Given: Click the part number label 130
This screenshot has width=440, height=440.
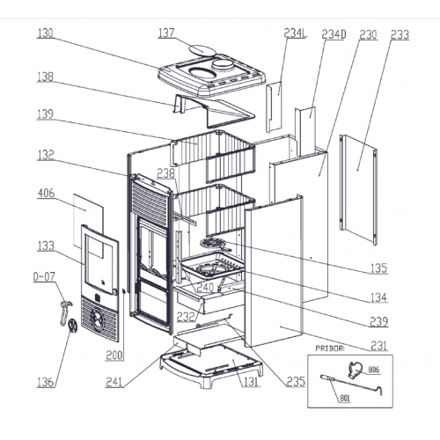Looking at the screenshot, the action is [x=45, y=33].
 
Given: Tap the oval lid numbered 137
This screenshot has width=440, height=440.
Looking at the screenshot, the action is [x=202, y=50].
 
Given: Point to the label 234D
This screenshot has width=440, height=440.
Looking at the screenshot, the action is [x=334, y=34].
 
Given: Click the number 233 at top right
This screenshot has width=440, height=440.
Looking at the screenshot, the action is [x=400, y=34].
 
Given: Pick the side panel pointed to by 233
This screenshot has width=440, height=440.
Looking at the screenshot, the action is [x=358, y=189].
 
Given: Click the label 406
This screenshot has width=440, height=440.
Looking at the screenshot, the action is [x=47, y=193].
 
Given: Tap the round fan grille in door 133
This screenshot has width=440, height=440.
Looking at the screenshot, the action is [x=98, y=318].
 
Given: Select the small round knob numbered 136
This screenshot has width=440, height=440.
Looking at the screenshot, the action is [x=72, y=326].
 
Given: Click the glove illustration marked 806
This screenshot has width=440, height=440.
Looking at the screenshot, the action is [x=356, y=370].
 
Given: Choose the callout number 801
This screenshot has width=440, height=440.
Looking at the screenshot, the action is [x=345, y=399].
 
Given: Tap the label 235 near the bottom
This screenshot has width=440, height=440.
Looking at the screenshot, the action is [x=296, y=381].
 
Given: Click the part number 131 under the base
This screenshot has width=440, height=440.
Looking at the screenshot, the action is [x=251, y=382].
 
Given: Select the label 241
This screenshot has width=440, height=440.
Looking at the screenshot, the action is [x=114, y=382].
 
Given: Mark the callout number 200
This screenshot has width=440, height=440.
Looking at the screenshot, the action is [x=114, y=356].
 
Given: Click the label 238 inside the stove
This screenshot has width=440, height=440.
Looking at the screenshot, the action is [x=165, y=173].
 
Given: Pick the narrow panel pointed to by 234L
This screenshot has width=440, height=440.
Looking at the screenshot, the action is [x=274, y=107].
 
